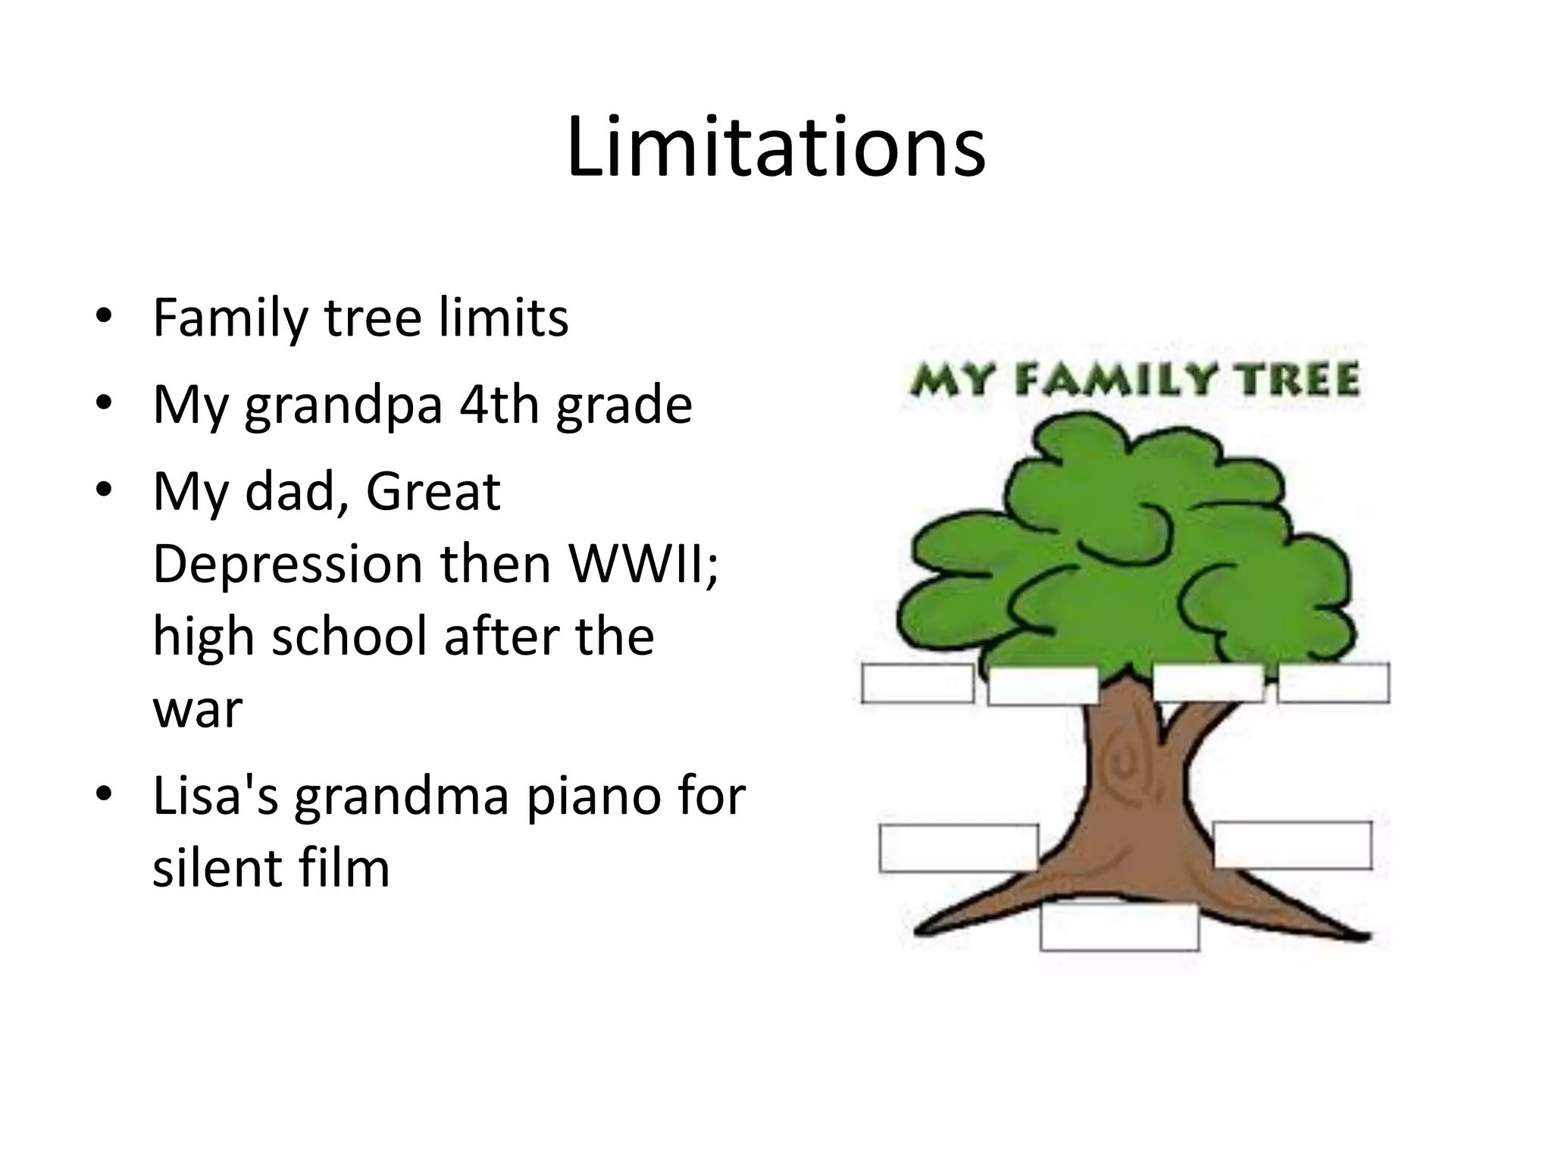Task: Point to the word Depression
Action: point(287,565)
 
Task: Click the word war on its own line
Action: point(197,710)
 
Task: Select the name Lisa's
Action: point(215,796)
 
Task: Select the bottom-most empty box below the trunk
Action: point(1119,926)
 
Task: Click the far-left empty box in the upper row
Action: point(918,684)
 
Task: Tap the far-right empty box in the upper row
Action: point(1333,684)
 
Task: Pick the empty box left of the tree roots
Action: point(958,847)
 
